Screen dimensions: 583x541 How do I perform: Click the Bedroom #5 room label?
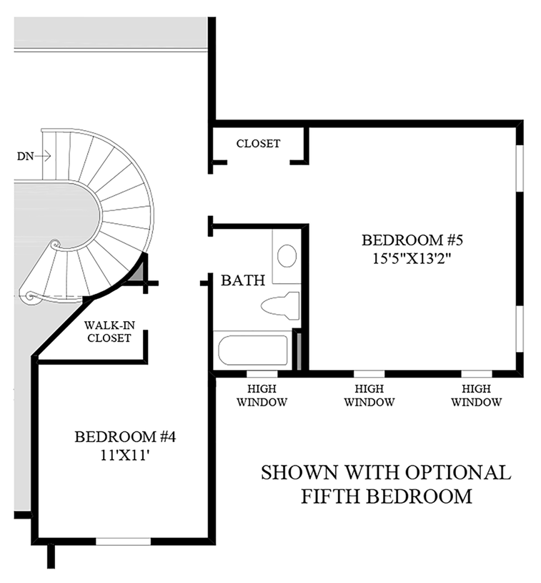pos(407,240)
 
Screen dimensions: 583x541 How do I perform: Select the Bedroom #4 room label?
pos(115,436)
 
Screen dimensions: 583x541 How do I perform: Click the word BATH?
pos(243,280)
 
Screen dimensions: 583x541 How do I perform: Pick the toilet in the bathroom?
pos(282,305)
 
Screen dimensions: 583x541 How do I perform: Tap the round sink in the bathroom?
pos(287,255)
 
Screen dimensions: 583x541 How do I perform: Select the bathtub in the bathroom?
pos(252,351)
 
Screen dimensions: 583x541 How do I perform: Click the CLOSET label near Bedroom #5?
pos(258,144)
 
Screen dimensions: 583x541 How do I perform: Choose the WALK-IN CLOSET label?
pos(108,331)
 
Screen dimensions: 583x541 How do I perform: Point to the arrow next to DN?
pos(41,155)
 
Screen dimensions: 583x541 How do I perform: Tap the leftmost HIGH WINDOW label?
pos(262,395)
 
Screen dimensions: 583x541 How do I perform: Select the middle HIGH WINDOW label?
pos(369,395)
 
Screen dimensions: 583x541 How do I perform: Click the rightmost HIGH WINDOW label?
pos(476,395)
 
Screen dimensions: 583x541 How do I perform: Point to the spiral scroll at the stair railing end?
pos(30,295)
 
